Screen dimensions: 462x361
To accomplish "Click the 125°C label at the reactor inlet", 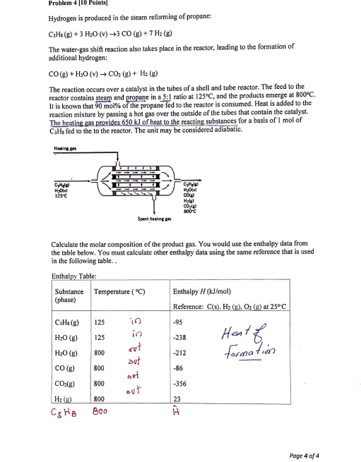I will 61,195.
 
